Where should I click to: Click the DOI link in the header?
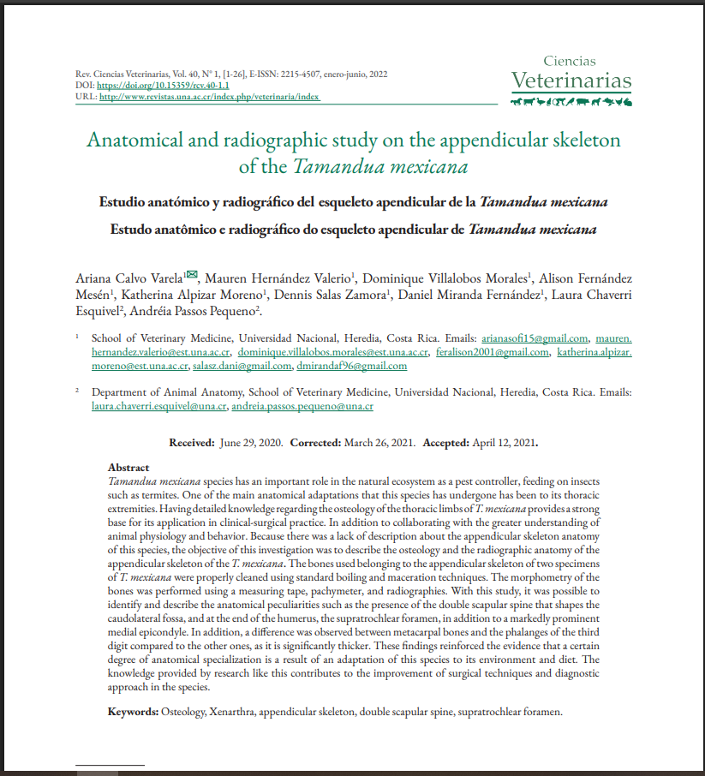click(x=163, y=87)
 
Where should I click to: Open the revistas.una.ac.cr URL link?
click(x=209, y=97)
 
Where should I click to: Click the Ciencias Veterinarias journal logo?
click(x=571, y=75)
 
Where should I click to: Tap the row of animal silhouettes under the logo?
click(x=571, y=103)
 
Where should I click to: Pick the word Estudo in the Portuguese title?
click(x=135, y=230)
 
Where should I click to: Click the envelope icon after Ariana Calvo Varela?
click(x=192, y=275)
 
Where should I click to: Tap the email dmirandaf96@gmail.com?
click(x=352, y=366)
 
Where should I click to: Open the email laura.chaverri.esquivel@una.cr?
click(x=158, y=407)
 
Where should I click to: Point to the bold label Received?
click(x=191, y=443)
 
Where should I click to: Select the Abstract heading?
click(x=128, y=468)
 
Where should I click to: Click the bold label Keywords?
click(x=133, y=712)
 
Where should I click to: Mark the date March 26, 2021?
click(x=379, y=443)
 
